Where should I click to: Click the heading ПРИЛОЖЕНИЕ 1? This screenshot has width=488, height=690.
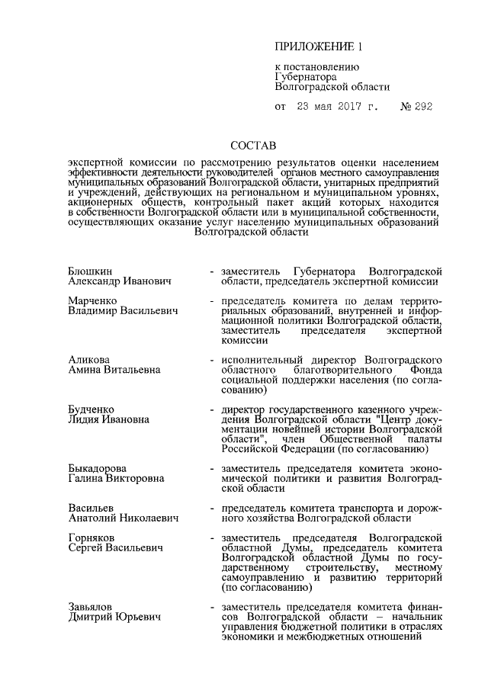point(319,47)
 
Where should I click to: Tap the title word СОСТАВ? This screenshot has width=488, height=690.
point(254,145)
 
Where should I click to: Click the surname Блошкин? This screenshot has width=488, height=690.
point(91,271)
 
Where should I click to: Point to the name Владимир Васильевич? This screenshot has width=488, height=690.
point(122,311)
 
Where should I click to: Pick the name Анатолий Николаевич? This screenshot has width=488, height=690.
point(123,518)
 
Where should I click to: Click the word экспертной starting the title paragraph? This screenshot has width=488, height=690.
point(94,163)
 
